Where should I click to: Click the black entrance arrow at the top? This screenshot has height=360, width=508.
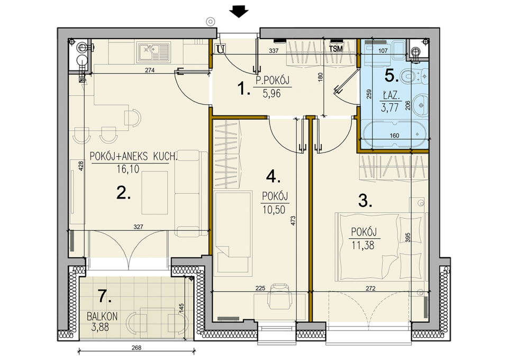239,13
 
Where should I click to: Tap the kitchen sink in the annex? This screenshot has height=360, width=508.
154,52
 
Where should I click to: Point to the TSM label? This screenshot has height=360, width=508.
335,49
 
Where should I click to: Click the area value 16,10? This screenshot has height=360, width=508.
128,169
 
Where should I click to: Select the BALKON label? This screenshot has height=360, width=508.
102,316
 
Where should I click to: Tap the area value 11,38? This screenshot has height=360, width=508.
363,245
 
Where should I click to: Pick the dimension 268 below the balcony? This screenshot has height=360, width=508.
137,348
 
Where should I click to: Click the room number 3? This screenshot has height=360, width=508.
365,201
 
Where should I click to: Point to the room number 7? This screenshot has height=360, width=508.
105,296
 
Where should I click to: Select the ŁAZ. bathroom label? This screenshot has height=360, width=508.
391,96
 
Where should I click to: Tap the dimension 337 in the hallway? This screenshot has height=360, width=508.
274,50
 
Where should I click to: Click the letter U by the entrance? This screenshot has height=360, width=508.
221,49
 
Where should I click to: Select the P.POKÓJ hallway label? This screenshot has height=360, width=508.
273,80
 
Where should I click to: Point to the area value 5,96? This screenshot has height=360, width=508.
272,94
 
